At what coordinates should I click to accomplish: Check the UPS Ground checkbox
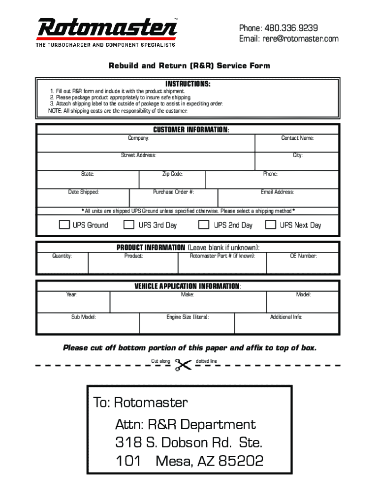click(64, 225)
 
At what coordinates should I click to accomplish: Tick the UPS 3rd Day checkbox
click(129, 225)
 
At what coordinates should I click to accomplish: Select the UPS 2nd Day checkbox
click(203, 225)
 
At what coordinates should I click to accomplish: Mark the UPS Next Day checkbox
click(271, 225)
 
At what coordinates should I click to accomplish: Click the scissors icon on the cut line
click(183, 365)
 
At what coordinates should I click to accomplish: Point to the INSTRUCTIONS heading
click(188, 84)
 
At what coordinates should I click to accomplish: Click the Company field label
click(139, 138)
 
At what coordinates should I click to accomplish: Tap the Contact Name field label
click(298, 138)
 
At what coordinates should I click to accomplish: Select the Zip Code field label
click(173, 174)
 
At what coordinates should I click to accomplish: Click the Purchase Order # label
click(173, 192)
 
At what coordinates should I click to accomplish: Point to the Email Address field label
click(277, 192)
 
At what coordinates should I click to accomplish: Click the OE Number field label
click(303, 256)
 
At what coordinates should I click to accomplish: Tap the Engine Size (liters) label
click(188, 317)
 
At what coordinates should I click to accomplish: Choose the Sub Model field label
click(84, 317)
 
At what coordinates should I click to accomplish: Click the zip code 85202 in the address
click(241, 461)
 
